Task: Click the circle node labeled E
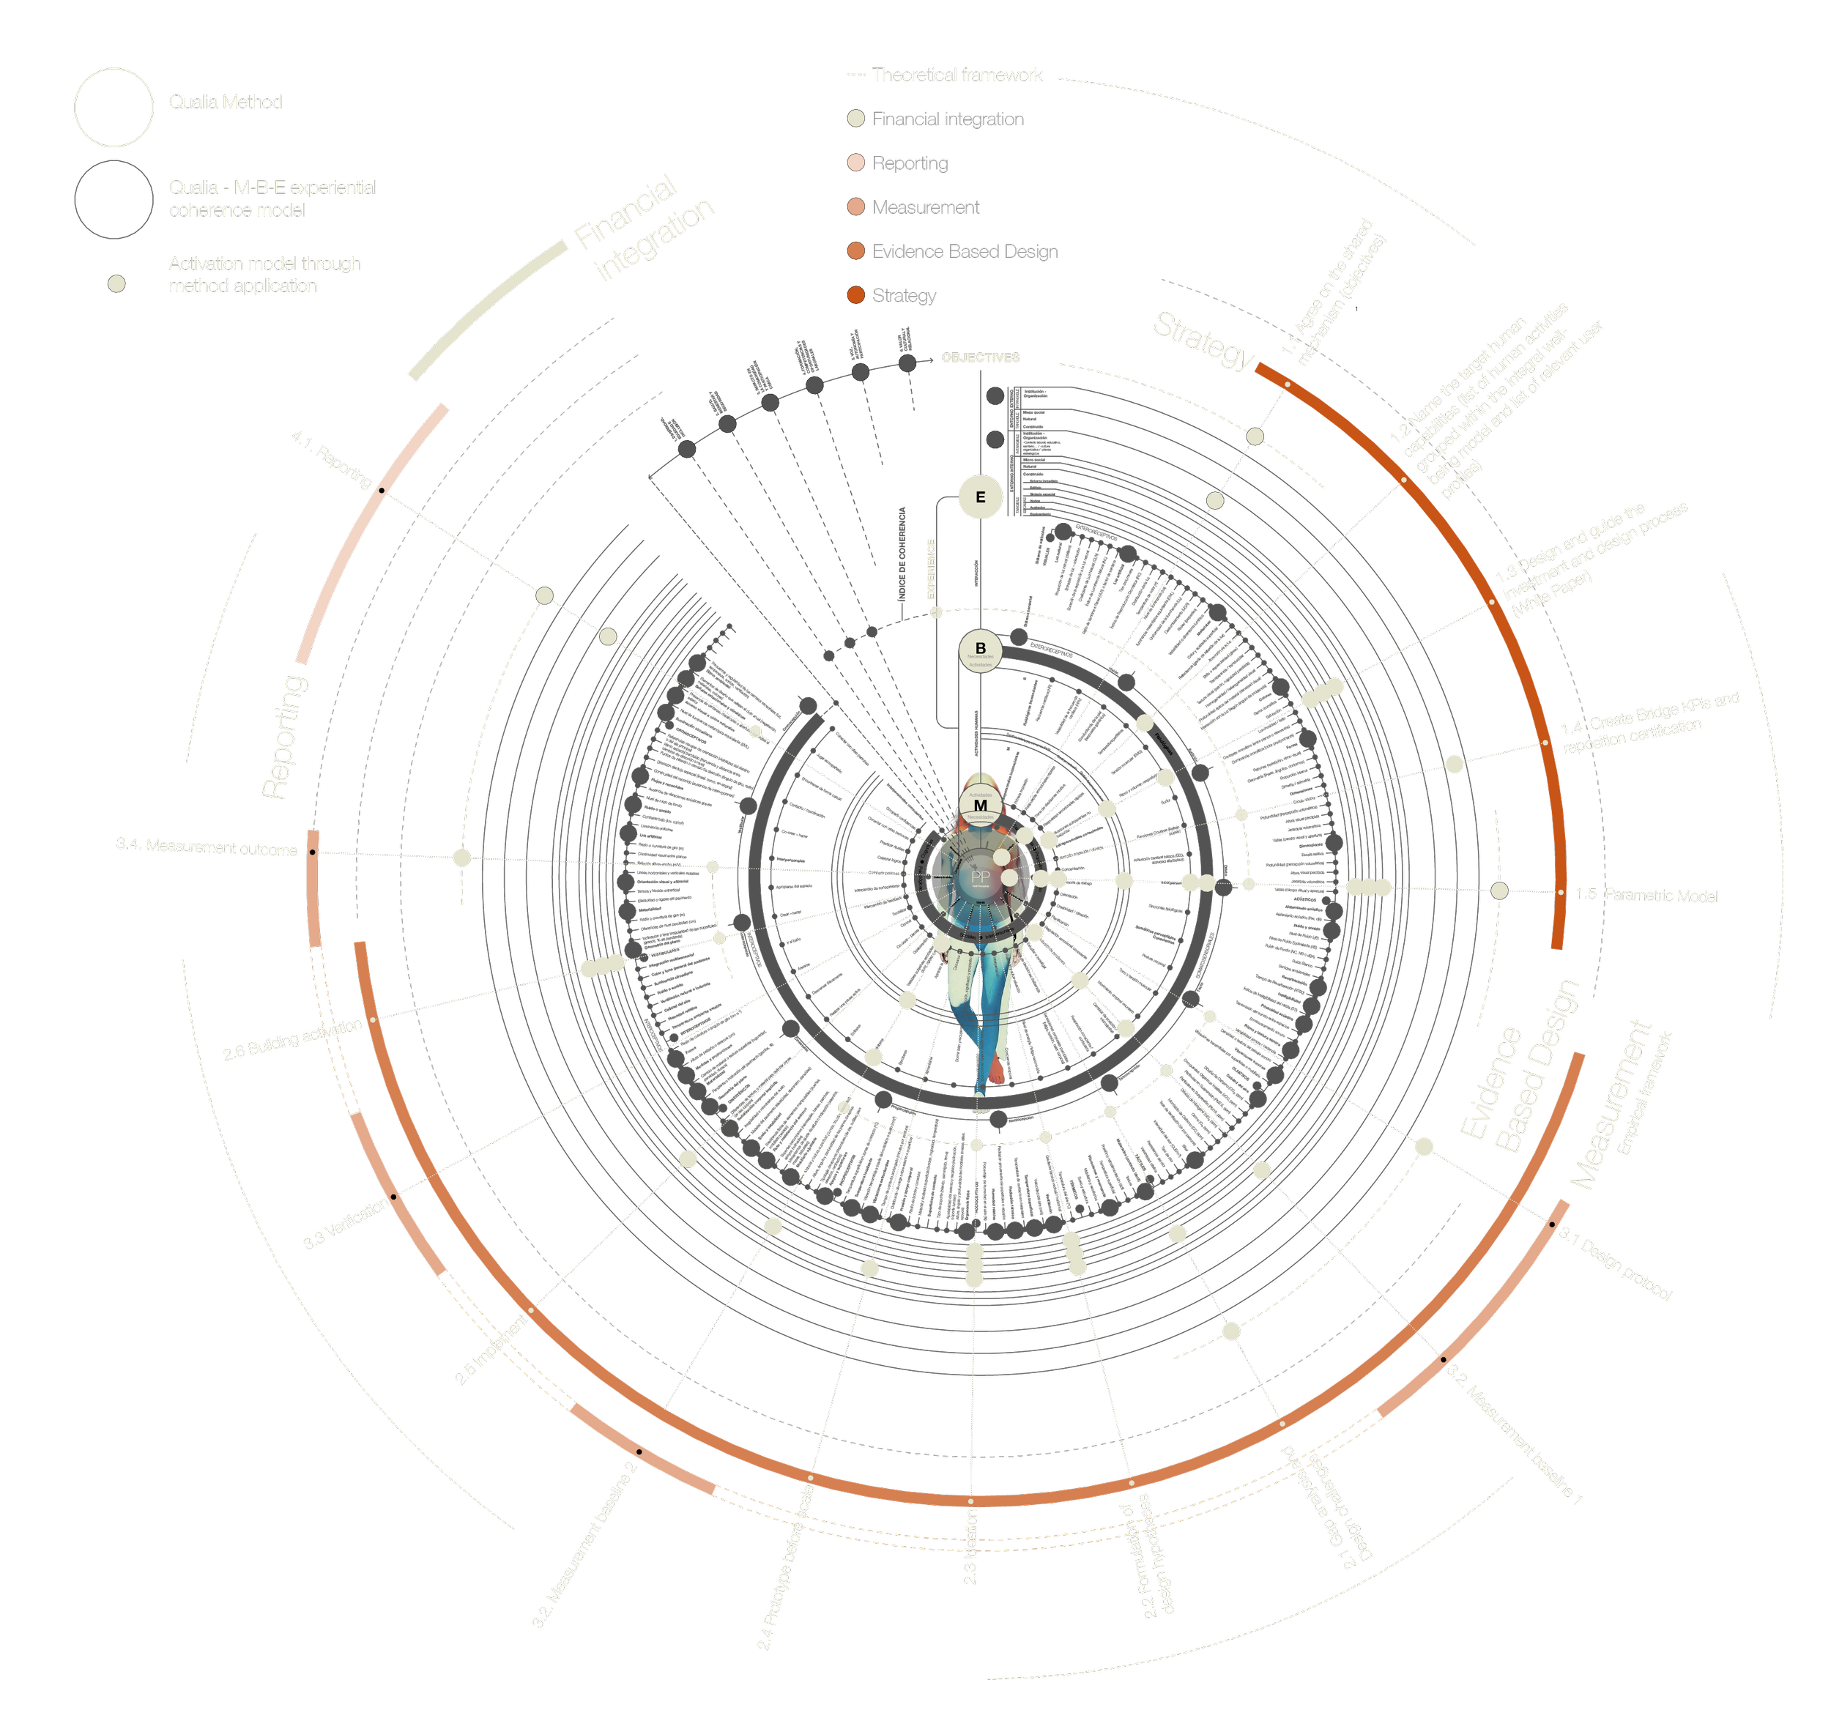pyautogui.click(x=980, y=497)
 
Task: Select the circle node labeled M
pyautogui.click(x=980, y=806)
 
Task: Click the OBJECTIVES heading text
pyautogui.click(x=980, y=357)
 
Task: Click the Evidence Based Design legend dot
pyautogui.click(x=855, y=250)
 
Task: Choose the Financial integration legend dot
pyautogui.click(x=855, y=118)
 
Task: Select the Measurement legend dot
pyautogui.click(x=855, y=207)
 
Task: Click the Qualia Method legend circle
pyautogui.click(x=114, y=107)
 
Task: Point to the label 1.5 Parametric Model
pyautogui.click(x=1646, y=895)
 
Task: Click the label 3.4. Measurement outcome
pyautogui.click(x=207, y=847)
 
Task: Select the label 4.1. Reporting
pyautogui.click(x=332, y=459)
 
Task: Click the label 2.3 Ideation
pyautogui.click(x=970, y=1547)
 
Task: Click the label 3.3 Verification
pyautogui.click(x=346, y=1224)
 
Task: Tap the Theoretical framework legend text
pyautogui.click(x=957, y=75)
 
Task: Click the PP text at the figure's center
pyautogui.click(x=980, y=877)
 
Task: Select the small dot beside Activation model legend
pyautogui.click(x=116, y=283)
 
